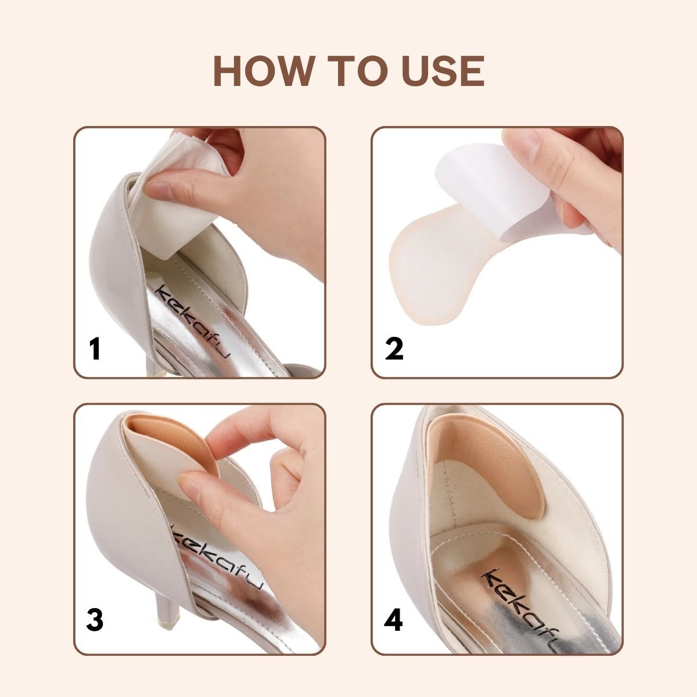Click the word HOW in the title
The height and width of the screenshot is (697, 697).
point(264,71)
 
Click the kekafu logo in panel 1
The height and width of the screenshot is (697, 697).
point(193,322)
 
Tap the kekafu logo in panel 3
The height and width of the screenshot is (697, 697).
point(217,564)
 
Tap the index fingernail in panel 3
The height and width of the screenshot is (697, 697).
point(189,487)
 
